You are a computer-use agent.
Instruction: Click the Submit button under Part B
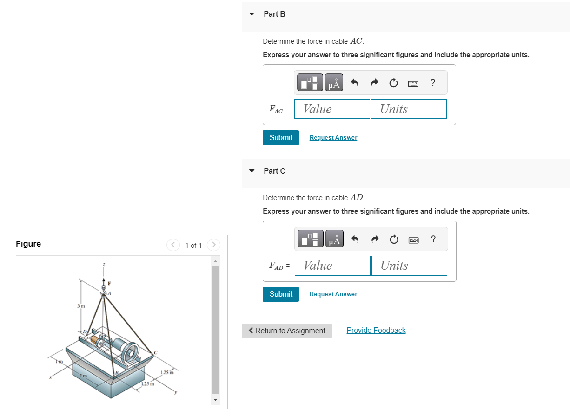click(280, 138)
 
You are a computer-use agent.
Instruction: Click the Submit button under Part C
click(280, 294)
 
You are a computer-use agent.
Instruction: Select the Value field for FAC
click(332, 109)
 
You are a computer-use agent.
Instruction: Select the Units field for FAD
click(409, 266)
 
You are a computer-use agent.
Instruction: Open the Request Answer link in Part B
click(333, 138)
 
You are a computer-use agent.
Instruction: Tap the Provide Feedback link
click(376, 331)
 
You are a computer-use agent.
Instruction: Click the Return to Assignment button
click(286, 331)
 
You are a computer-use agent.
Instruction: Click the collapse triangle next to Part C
click(252, 171)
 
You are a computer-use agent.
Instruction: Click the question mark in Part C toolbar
click(433, 239)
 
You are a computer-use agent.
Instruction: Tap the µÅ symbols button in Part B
click(334, 83)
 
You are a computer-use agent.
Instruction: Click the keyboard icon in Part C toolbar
click(413, 240)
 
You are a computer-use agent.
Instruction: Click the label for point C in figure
click(156, 353)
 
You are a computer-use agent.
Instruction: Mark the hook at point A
click(104, 292)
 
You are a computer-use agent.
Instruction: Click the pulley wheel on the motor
click(130, 353)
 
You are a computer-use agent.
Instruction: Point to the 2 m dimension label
click(83, 375)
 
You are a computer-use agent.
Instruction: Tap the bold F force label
click(110, 283)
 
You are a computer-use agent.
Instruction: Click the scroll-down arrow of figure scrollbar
click(215, 400)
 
